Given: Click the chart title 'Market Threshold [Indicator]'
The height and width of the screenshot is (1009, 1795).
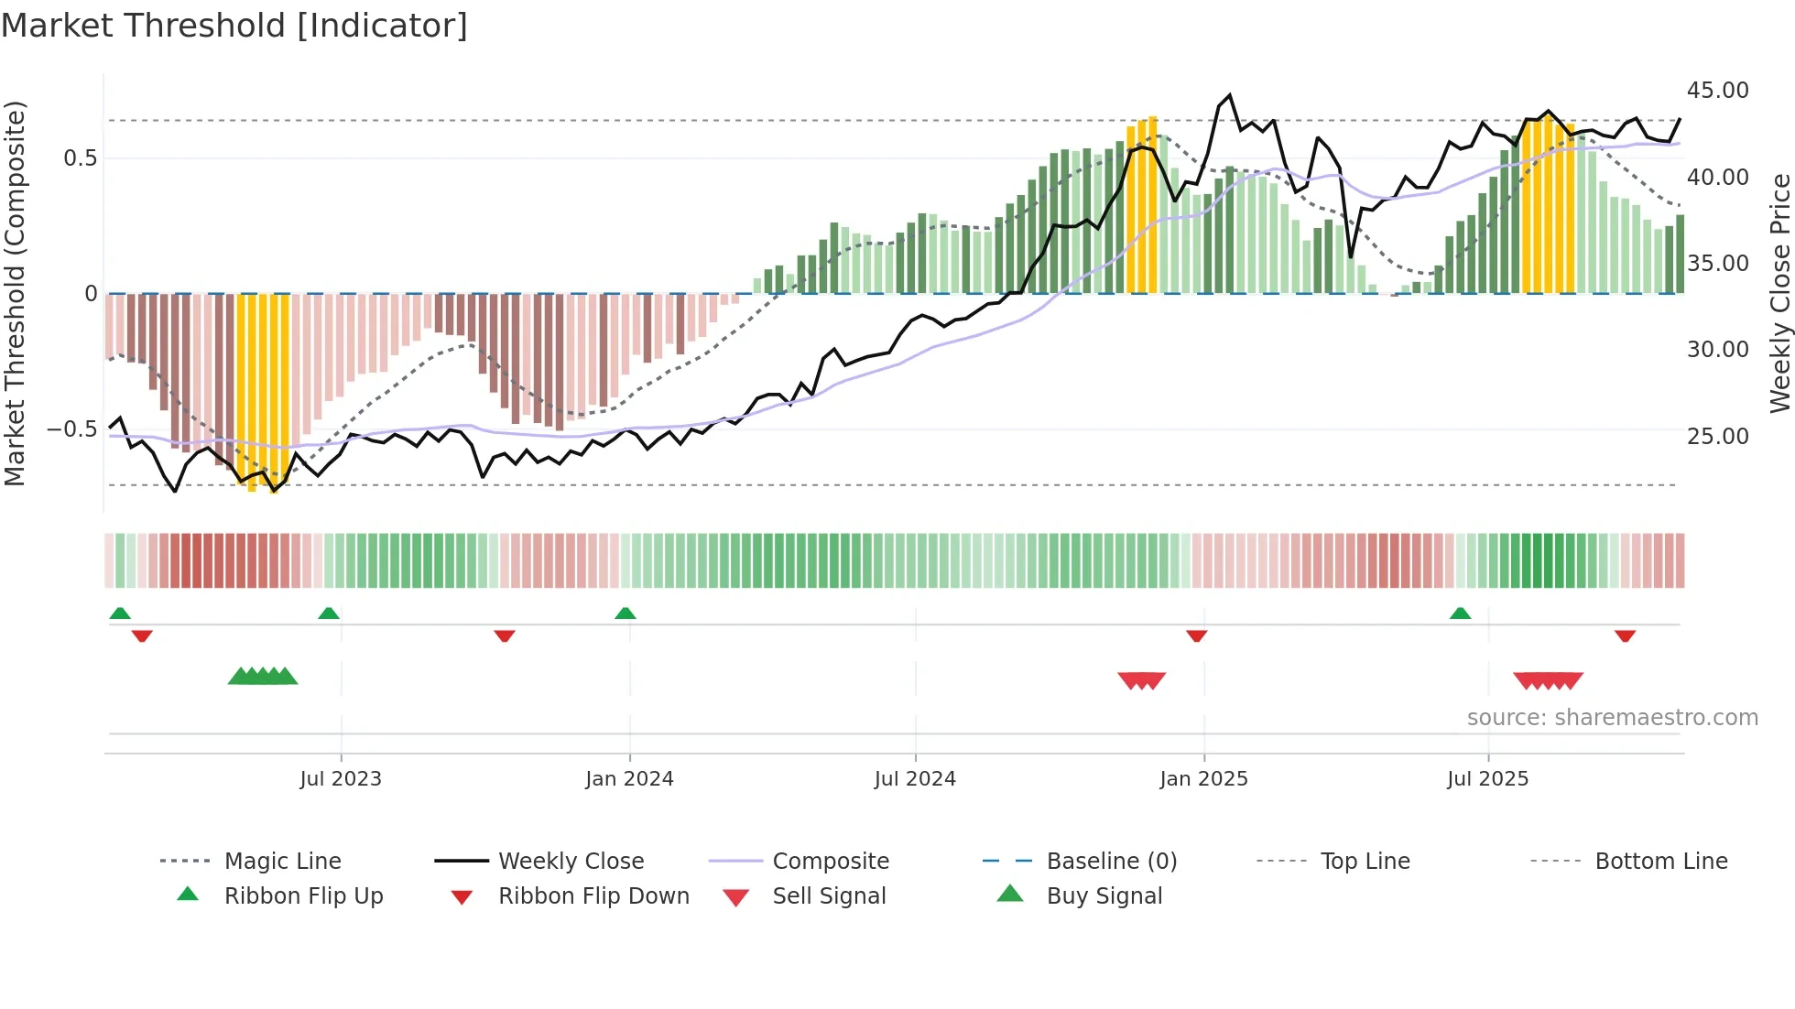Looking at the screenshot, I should [x=234, y=26].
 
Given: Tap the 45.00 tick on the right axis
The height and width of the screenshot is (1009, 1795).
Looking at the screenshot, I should [x=1717, y=91].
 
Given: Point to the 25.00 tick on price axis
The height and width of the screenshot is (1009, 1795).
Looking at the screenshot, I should [x=1717, y=437].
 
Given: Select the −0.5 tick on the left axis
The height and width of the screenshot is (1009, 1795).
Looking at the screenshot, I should [x=71, y=429].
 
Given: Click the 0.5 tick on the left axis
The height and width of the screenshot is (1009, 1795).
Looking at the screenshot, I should [x=80, y=158].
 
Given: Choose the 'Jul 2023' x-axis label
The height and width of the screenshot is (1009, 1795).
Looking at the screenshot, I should [x=340, y=779].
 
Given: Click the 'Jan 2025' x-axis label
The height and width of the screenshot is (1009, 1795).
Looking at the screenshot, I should [x=1202, y=779].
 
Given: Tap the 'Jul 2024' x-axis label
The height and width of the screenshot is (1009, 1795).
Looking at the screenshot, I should [x=914, y=779].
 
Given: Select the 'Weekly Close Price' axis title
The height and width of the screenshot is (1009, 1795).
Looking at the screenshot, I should [x=1779, y=293].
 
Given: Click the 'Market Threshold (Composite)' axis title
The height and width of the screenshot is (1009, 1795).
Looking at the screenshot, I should [x=15, y=293].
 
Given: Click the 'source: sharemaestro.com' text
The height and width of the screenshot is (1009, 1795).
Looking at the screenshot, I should [x=1612, y=718].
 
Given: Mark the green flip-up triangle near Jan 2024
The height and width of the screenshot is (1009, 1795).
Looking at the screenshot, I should [x=626, y=613].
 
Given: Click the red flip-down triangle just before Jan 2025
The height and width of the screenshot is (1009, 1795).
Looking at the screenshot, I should [x=1196, y=635].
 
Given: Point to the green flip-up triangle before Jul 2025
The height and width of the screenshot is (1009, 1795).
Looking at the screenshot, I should [x=1460, y=613].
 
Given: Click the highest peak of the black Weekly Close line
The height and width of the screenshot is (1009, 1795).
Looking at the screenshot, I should [x=1229, y=95].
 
